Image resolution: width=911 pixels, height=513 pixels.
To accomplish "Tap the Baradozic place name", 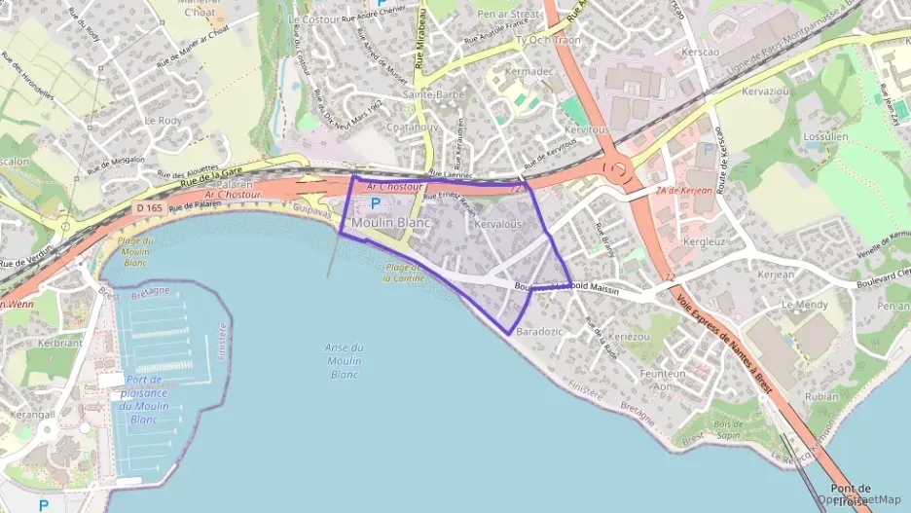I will coord(540,332).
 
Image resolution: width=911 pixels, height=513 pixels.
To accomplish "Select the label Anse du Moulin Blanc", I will coord(344,361).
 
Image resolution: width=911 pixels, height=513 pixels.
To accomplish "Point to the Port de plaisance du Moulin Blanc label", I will coord(144,399).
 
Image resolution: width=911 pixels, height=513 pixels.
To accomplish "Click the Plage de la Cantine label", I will coord(402,272).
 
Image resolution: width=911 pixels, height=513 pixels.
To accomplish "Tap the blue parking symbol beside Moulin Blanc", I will coord(377,203).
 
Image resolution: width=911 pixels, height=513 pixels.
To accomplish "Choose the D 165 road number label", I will coord(149,208).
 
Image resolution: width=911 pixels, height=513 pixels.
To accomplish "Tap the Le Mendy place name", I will coord(804,305).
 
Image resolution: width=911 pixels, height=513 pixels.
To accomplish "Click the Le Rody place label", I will coord(163,120).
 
